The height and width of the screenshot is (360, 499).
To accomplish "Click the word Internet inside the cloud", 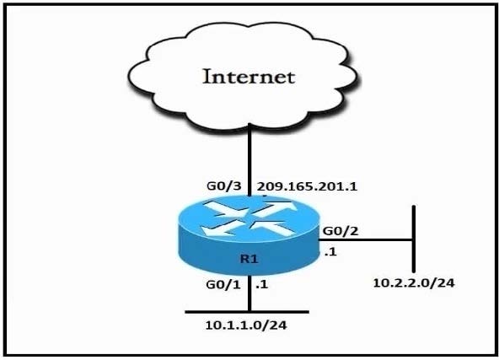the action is click(249, 77).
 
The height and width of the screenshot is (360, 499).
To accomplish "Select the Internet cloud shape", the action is click(244, 77).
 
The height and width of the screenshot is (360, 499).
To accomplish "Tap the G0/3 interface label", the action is click(224, 185).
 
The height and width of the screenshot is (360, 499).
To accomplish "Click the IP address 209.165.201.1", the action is click(307, 186).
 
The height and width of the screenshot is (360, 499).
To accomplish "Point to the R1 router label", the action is click(249, 259).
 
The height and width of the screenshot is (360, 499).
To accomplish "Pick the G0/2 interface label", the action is click(341, 231).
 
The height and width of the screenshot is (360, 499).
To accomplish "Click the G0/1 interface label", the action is click(223, 285).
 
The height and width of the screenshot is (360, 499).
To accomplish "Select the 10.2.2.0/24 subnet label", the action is click(413, 282).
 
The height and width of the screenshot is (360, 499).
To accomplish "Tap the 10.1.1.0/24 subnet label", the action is click(246, 325).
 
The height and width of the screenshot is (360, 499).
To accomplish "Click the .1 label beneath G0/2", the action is click(330, 252).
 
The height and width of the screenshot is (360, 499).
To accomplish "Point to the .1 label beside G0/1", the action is click(261, 285).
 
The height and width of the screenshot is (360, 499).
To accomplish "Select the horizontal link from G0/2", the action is click(365, 239).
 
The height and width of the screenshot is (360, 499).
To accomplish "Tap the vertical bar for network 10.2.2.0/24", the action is click(414, 239).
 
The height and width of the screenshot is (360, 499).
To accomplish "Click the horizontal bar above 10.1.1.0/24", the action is click(247, 312).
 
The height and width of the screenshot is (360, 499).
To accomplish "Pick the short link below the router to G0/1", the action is click(249, 293).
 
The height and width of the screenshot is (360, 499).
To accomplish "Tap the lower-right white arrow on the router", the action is click(273, 228).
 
